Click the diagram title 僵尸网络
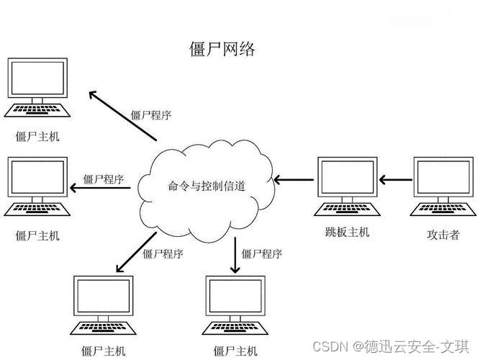click(x=221, y=50)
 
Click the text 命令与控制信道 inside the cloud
click(x=207, y=185)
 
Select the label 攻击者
click(x=443, y=235)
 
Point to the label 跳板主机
click(x=346, y=233)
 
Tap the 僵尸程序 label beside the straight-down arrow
click(x=262, y=253)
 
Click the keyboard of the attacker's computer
click(x=440, y=210)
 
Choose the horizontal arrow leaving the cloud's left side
click(x=101, y=189)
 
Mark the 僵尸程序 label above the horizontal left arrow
click(x=104, y=179)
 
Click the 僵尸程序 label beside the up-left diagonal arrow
click(x=150, y=114)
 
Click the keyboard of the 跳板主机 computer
click(x=345, y=210)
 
